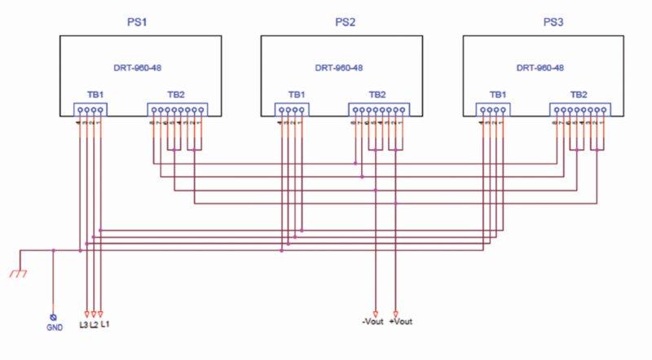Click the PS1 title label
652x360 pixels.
[x=139, y=22]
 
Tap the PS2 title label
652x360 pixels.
[x=345, y=22]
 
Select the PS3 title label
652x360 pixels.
[x=553, y=22]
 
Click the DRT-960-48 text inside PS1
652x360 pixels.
[x=141, y=68]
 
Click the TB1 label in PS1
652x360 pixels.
[x=94, y=95]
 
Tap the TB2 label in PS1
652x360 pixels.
[x=176, y=95]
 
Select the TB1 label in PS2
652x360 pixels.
[x=295, y=95]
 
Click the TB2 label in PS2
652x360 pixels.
[x=377, y=95]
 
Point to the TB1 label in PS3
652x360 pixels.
[x=498, y=95]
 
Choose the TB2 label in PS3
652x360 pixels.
[x=579, y=95]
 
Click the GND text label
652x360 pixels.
[x=54, y=328]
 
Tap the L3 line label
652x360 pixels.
[x=84, y=325]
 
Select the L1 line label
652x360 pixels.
[x=105, y=325]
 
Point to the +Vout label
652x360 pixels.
[x=402, y=322]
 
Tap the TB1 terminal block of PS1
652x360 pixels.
[x=90, y=110]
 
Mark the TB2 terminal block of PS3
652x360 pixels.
[x=579, y=110]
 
